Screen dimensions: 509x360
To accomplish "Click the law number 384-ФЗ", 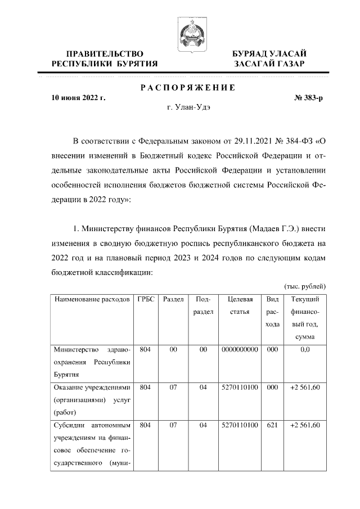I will pyautogui.click(x=299, y=139).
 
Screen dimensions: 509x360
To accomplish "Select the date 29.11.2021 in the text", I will pyautogui.click(x=254, y=139).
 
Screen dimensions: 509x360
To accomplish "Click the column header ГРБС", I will pyautogui.click(x=146, y=300).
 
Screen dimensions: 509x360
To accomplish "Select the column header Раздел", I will pyautogui.click(x=173, y=300).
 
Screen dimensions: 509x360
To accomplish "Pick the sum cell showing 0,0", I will pyautogui.click(x=305, y=350).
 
